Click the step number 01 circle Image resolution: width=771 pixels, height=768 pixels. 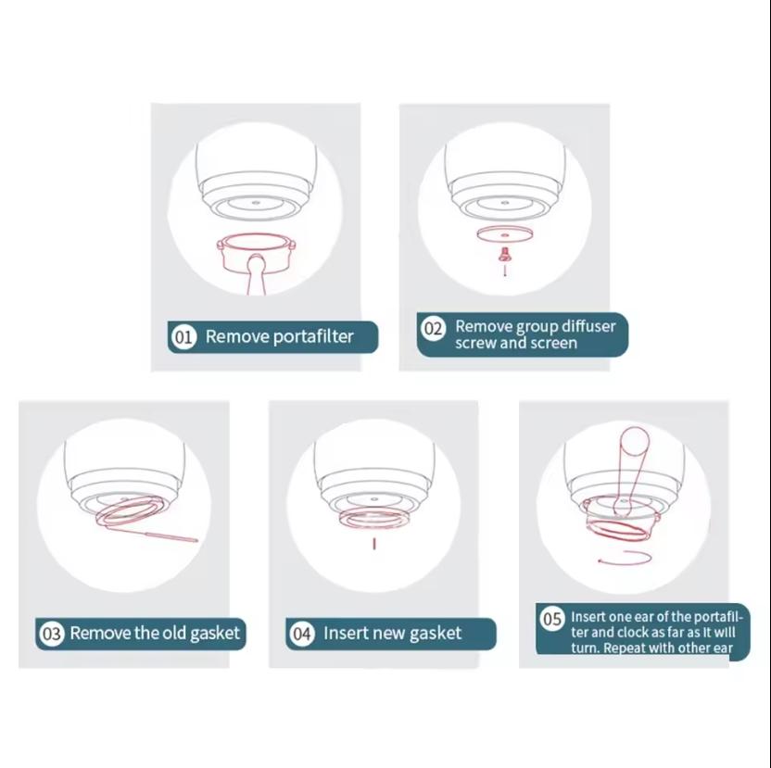point(183,337)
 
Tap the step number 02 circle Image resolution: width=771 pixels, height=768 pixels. point(433,328)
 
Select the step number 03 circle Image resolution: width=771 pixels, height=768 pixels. point(51,634)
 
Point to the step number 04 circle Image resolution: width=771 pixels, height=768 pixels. point(302,634)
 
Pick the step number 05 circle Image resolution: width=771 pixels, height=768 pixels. point(551,619)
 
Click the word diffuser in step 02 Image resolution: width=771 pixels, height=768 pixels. point(588,326)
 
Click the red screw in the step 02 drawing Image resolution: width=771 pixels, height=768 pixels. point(504,253)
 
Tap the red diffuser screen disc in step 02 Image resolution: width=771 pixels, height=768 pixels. point(504,234)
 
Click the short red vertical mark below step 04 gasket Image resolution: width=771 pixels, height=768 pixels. point(374,544)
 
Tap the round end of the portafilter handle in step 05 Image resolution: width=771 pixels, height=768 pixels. point(635,441)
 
